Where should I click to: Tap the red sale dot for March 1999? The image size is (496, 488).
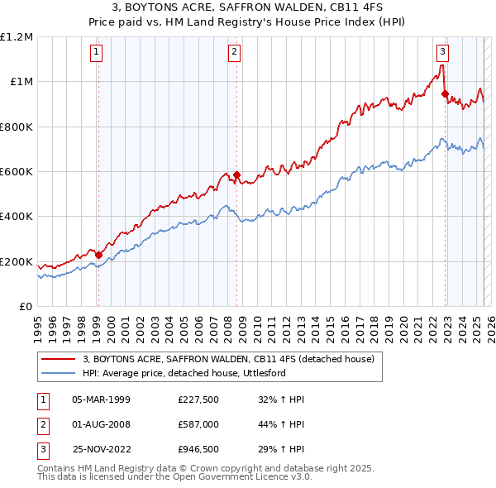tap(98, 255)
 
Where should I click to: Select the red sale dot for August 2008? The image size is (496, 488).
tap(237, 175)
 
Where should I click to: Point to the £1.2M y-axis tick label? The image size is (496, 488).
tap(17, 37)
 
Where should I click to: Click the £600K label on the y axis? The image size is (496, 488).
tap(17, 172)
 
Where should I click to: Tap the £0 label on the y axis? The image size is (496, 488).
tap(25, 307)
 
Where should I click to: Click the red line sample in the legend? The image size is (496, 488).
tap(58, 359)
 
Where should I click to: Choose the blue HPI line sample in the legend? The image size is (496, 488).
tap(58, 373)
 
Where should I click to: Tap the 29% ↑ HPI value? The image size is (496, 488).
tap(282, 451)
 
